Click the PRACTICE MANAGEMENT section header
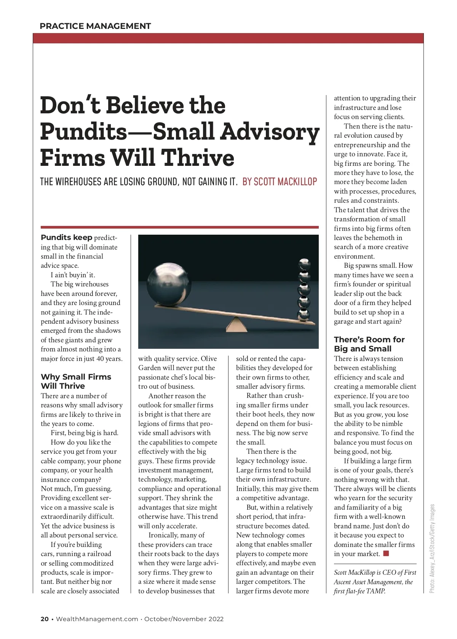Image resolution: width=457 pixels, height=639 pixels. coord(95,26)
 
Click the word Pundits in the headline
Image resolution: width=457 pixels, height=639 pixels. coord(83,132)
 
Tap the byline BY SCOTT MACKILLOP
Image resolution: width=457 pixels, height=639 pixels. coord(280,182)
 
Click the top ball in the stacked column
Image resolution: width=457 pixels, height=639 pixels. coord(304,263)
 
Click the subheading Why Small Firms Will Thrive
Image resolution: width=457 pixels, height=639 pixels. coord(76,381)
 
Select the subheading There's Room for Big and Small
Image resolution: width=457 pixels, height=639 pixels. coord(369,344)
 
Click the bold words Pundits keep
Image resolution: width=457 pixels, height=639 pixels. coord(66,238)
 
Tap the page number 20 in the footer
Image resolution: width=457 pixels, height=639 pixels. coord(45,619)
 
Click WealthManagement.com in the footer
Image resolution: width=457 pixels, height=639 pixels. coord(97,619)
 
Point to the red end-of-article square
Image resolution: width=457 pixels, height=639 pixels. coord(386,553)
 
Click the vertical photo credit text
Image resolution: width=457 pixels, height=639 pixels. coord(432,548)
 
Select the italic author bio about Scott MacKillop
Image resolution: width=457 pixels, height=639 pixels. coord(375,582)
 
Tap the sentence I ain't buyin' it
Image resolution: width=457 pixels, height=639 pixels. coord(73,275)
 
